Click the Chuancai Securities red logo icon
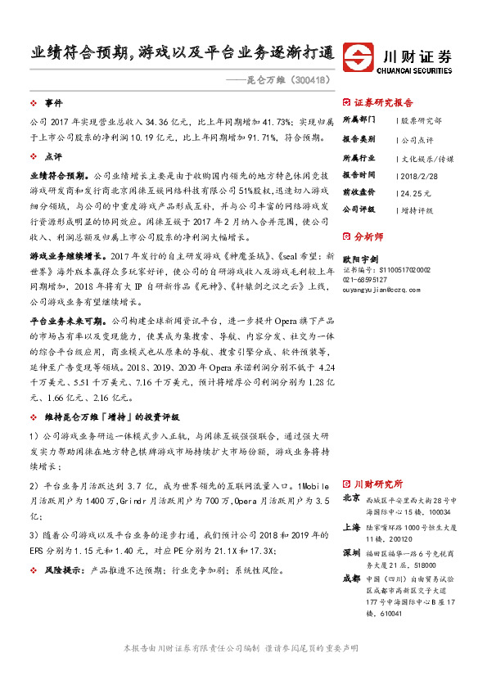(x=358, y=58)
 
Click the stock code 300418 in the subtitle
(x=310, y=80)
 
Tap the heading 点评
(x=53, y=155)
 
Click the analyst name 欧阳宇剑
(x=358, y=258)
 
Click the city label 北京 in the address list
(x=351, y=498)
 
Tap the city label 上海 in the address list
(x=351, y=527)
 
